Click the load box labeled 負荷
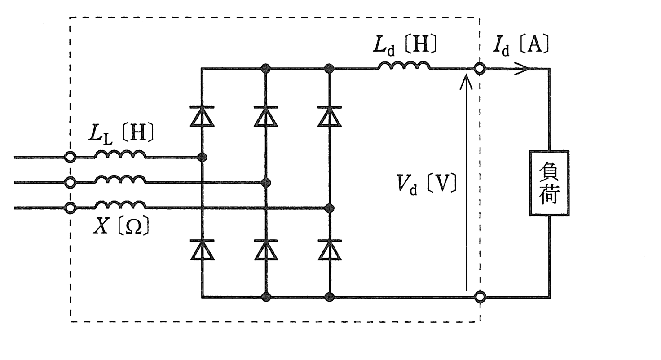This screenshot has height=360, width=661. tap(549, 183)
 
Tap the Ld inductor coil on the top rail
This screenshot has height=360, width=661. tap(404, 66)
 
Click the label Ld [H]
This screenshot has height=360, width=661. tap(405, 45)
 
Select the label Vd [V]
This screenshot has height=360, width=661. tap(427, 184)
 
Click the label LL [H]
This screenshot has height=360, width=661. tap(121, 134)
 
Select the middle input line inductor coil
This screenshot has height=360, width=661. tap(120, 180)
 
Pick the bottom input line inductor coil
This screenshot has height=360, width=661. tap(120, 205)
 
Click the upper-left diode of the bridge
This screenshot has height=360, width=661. tap(202, 116)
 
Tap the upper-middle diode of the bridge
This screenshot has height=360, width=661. tap(266, 116)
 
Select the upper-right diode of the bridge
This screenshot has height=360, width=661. tap(330, 116)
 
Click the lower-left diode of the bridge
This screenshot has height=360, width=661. tap(202, 250)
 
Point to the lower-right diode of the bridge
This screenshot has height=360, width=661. tap(330, 250)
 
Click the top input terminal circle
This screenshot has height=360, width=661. tap(70, 157)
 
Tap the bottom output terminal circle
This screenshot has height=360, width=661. tap(480, 297)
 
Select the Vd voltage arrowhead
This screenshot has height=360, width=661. tap(466, 81)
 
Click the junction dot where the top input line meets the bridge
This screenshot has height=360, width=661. tap(202, 157)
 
